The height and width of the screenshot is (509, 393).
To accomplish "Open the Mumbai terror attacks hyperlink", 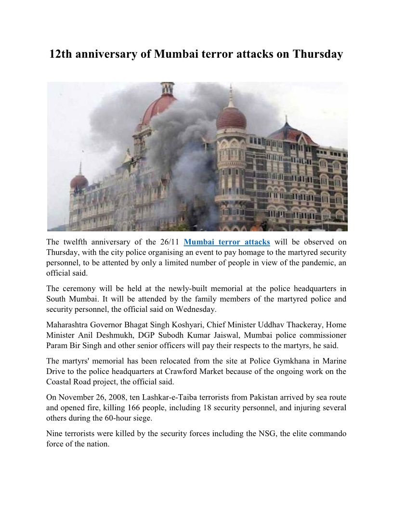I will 227,242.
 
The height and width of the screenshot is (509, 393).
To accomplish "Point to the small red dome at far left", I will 79,181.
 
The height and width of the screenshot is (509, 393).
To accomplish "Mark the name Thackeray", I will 295,325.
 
